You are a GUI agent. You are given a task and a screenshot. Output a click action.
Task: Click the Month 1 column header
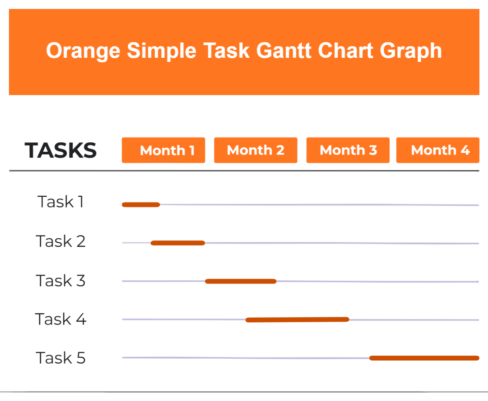[163, 150]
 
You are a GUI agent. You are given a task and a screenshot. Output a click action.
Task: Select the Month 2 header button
[255, 150]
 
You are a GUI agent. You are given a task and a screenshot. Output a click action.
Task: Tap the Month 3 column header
[348, 150]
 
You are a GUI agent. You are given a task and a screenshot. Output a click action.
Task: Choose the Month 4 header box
[438, 150]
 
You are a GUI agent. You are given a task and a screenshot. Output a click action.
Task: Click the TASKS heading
[61, 150]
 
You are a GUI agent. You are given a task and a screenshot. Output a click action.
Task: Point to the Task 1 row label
[61, 202]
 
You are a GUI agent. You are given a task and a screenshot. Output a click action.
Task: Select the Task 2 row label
[61, 241]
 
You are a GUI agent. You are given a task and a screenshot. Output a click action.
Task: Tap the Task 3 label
[61, 281]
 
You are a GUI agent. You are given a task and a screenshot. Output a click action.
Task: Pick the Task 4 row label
[61, 319]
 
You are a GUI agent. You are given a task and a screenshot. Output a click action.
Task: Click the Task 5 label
[61, 358]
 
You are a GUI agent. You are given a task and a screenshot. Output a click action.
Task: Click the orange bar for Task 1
[141, 205]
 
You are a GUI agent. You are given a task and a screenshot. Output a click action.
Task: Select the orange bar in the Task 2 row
[178, 243]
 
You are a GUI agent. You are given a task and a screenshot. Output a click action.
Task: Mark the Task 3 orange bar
[241, 281]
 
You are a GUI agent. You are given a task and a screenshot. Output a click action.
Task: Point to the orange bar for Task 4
[297, 320]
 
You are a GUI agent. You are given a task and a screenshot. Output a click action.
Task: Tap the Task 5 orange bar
[424, 358]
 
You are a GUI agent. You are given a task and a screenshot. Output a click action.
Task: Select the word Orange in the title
[83, 51]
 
